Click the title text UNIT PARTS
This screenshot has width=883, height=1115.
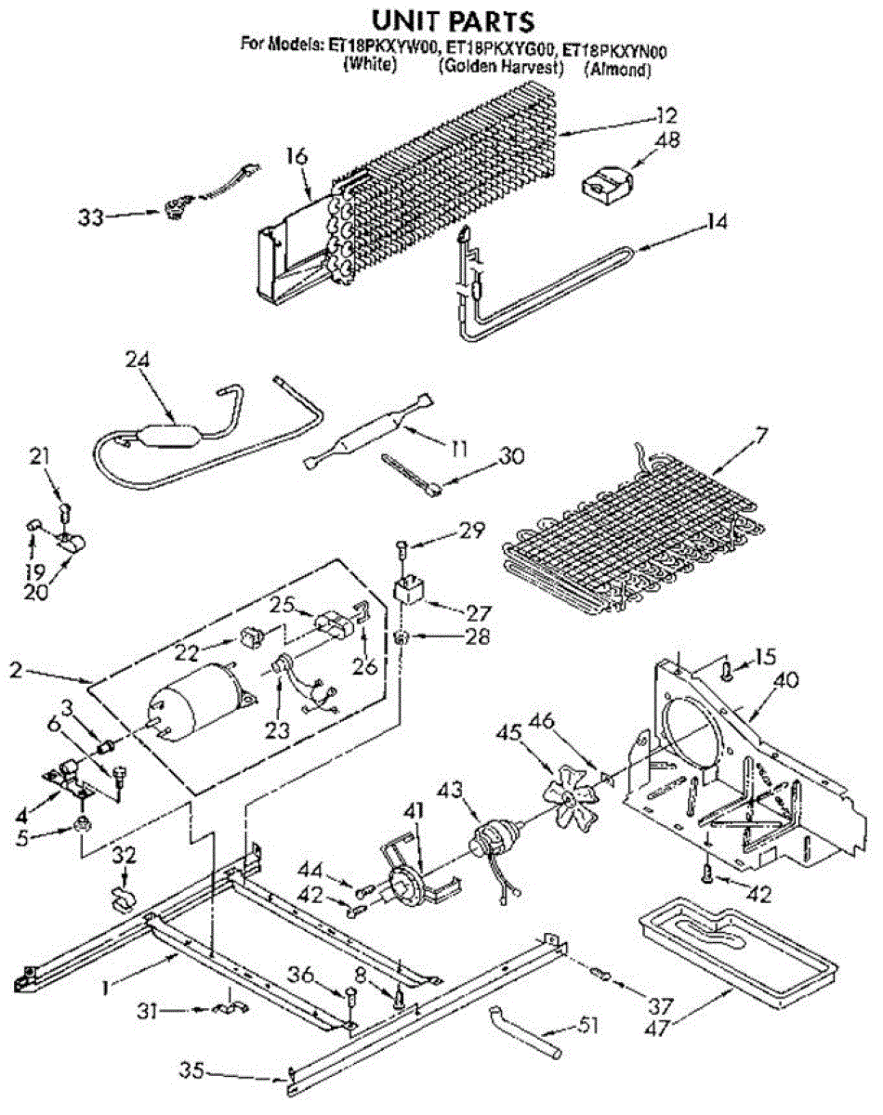[441, 20]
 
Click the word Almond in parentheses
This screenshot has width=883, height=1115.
[617, 69]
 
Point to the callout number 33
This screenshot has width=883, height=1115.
[90, 217]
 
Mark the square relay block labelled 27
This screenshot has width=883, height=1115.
[406, 591]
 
